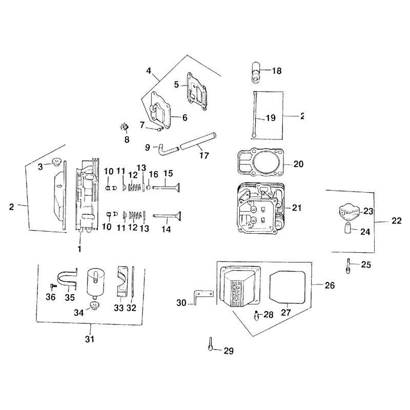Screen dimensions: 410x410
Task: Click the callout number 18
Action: pyautogui.click(x=277, y=71)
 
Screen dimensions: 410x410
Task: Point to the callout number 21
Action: pyautogui.click(x=297, y=208)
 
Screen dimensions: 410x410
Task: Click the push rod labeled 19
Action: pyautogui.click(x=254, y=114)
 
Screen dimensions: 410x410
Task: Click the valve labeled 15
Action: pyautogui.click(x=166, y=188)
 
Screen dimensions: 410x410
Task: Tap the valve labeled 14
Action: pyautogui.click(x=167, y=216)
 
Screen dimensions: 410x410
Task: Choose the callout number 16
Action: pyautogui.click(x=153, y=174)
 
